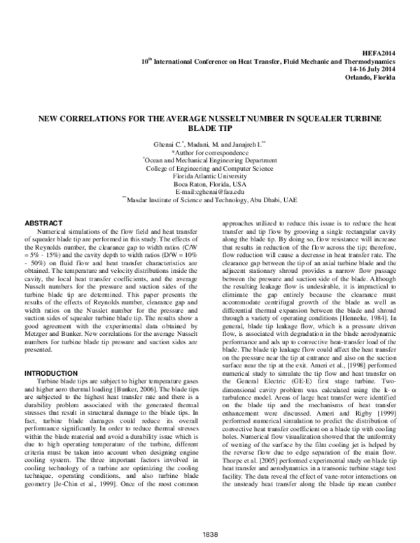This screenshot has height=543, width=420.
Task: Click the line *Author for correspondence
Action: pos(210,152)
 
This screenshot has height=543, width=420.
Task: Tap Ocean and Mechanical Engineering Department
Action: pos(210,160)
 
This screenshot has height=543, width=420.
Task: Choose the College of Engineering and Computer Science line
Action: pos(210,168)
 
